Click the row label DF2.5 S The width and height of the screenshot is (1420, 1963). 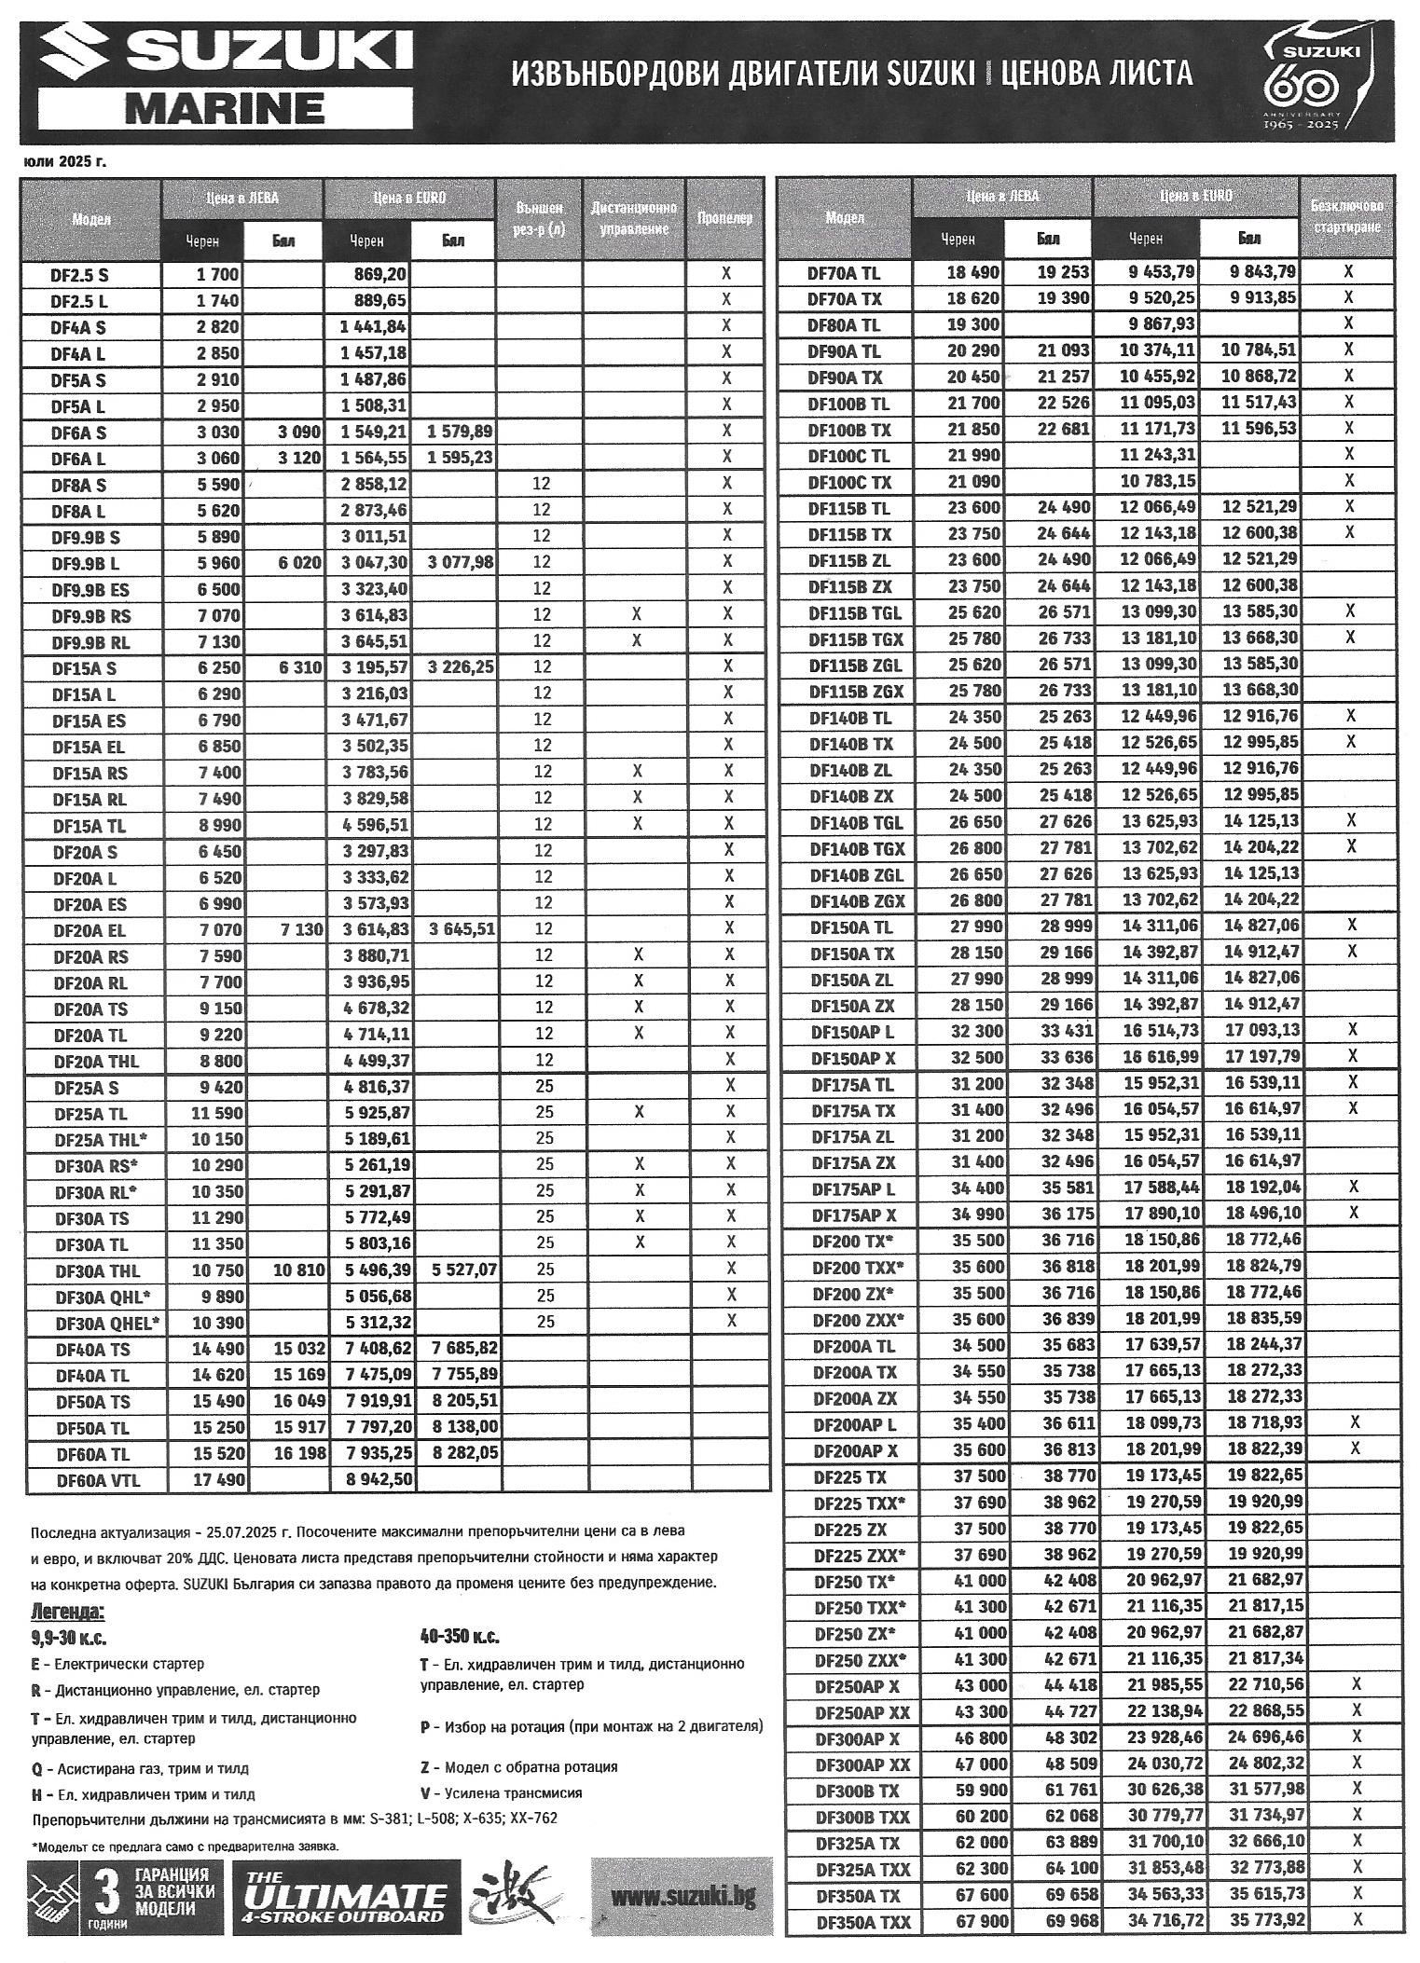[x=80, y=275]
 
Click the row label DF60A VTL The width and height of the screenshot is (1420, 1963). [x=93, y=1480]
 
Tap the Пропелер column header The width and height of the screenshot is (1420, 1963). [x=724, y=218]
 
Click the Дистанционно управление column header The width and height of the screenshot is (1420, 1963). [x=634, y=218]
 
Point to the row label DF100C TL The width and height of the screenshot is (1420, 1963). [x=848, y=456]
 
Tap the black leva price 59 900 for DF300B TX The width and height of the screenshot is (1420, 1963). [x=975, y=1789]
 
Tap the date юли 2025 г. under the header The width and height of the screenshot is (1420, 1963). [x=63, y=161]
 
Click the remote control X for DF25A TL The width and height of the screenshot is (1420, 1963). [x=638, y=1112]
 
